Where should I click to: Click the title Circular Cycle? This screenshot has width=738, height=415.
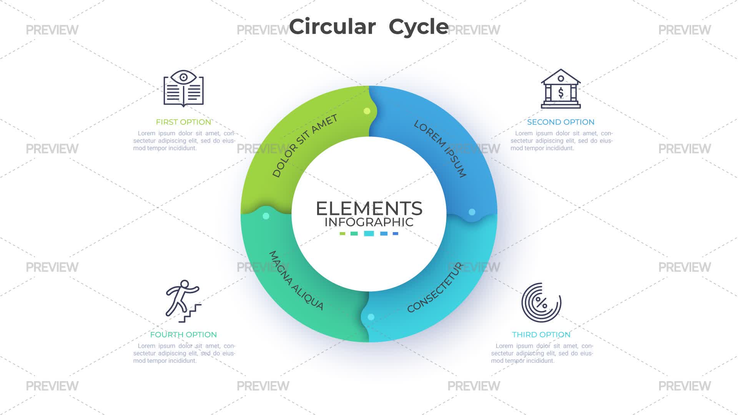(x=369, y=27)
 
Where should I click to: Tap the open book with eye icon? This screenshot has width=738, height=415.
(x=184, y=88)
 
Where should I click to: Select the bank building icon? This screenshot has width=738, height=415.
(x=561, y=89)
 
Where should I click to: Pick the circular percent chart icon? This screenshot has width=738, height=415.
(x=541, y=302)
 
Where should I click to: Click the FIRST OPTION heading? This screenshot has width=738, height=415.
(x=183, y=122)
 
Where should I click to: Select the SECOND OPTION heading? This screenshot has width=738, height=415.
(x=561, y=122)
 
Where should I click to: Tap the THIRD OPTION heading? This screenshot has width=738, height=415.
(x=541, y=335)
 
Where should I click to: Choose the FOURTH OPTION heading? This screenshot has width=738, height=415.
(x=183, y=335)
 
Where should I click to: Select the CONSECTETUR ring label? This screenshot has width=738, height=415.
(x=435, y=287)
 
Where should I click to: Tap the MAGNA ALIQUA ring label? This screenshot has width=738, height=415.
(x=296, y=281)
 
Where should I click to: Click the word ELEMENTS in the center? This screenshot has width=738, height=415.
(x=369, y=209)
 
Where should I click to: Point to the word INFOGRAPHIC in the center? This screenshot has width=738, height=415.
(x=369, y=222)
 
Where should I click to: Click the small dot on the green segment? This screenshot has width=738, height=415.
(x=367, y=111)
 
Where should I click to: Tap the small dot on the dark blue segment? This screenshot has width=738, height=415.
(x=472, y=212)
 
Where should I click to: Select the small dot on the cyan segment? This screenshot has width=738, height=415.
(x=371, y=317)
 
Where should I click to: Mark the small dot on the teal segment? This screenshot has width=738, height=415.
(x=266, y=216)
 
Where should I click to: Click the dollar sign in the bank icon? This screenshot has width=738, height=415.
(x=561, y=93)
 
